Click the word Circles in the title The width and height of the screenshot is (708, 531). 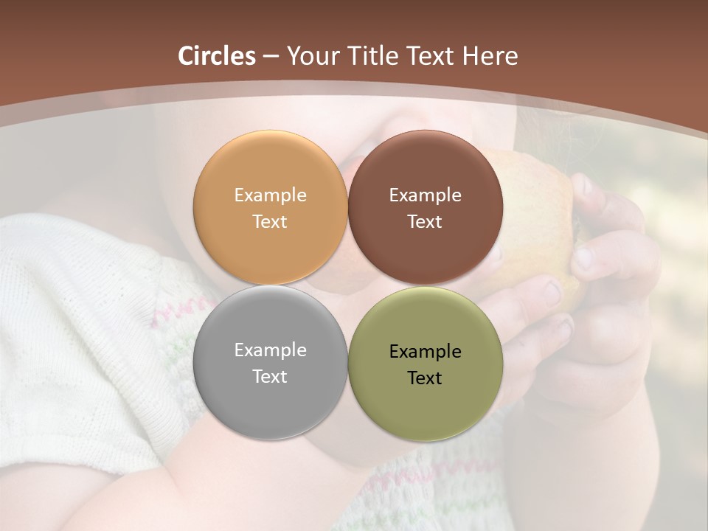point(216,56)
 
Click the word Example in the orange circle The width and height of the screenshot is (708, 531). point(270,195)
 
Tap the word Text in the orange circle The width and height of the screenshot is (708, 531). point(270,221)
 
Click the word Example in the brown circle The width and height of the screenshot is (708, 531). point(425,195)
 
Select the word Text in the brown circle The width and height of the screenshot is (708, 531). point(425,221)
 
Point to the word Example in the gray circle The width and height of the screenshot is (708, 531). point(270,350)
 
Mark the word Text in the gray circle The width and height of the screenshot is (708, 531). point(270,376)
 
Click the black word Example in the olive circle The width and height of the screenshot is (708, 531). point(425,352)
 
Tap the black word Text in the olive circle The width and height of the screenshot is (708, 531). point(425,378)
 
